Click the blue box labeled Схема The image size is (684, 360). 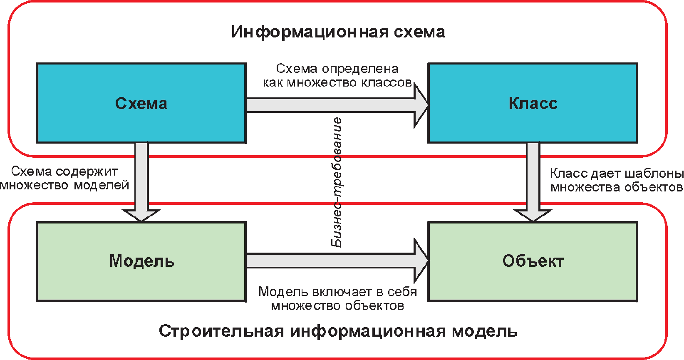[x=141, y=103]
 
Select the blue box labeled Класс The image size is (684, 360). [x=533, y=103]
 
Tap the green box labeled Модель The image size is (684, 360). [x=141, y=261]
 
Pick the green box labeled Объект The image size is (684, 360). [x=533, y=261]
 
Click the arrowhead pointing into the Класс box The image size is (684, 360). [x=421, y=105]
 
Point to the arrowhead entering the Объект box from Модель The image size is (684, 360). [x=421, y=261]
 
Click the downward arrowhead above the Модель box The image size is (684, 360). [x=141, y=215]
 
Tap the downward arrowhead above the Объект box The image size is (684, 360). [x=533, y=215]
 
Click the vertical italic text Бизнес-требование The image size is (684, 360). [x=337, y=182]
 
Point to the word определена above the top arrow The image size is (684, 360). [x=360, y=69]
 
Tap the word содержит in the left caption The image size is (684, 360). [x=87, y=172]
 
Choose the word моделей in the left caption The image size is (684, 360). [x=102, y=186]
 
